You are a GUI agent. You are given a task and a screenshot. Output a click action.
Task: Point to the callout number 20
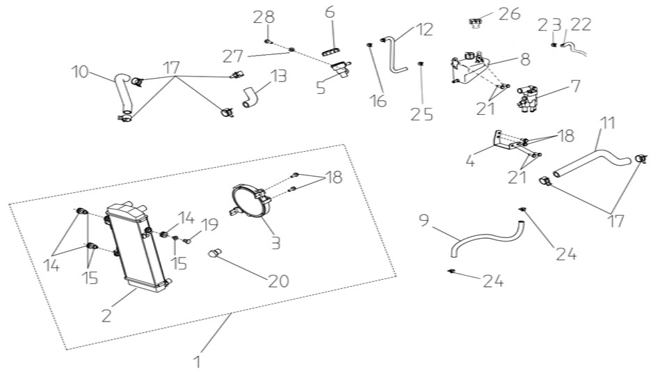click(x=279, y=281)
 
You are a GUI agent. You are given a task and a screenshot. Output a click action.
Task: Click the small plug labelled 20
click(x=215, y=252)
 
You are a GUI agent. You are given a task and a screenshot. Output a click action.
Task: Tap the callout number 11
click(x=606, y=124)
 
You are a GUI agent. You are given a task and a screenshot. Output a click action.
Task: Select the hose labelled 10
click(x=123, y=95)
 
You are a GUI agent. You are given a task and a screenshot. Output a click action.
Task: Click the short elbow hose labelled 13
click(x=250, y=97)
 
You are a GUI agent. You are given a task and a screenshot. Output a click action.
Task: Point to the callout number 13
click(x=279, y=77)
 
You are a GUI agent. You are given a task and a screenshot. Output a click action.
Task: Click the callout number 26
click(x=511, y=14)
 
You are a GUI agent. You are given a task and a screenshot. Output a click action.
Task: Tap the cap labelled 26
click(x=475, y=22)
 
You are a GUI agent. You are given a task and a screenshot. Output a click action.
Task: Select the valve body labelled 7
click(x=527, y=98)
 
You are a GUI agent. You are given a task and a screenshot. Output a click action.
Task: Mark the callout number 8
click(x=525, y=59)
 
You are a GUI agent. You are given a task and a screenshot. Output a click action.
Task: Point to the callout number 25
click(x=421, y=114)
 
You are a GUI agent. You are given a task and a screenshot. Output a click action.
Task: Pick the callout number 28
click(x=264, y=17)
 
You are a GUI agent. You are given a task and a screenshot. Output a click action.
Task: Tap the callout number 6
click(x=329, y=12)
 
